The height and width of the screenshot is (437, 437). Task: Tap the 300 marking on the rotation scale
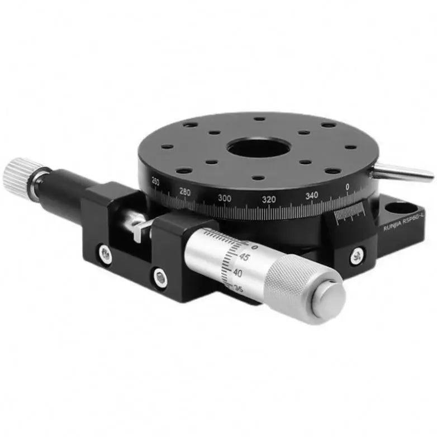[x=225, y=198]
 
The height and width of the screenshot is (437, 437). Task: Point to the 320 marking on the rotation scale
[x=269, y=198]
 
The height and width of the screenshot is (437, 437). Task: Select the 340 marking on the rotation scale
[x=311, y=194]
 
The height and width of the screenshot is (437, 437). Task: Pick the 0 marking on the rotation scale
[x=348, y=187]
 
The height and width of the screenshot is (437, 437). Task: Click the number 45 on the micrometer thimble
[x=244, y=258]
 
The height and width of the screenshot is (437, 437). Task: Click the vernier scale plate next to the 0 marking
[x=349, y=215]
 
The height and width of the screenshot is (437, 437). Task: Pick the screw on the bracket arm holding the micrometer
[x=160, y=277]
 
